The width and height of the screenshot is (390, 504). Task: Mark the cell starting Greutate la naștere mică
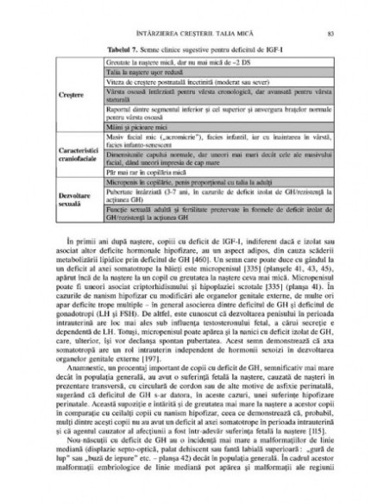[173, 65]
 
